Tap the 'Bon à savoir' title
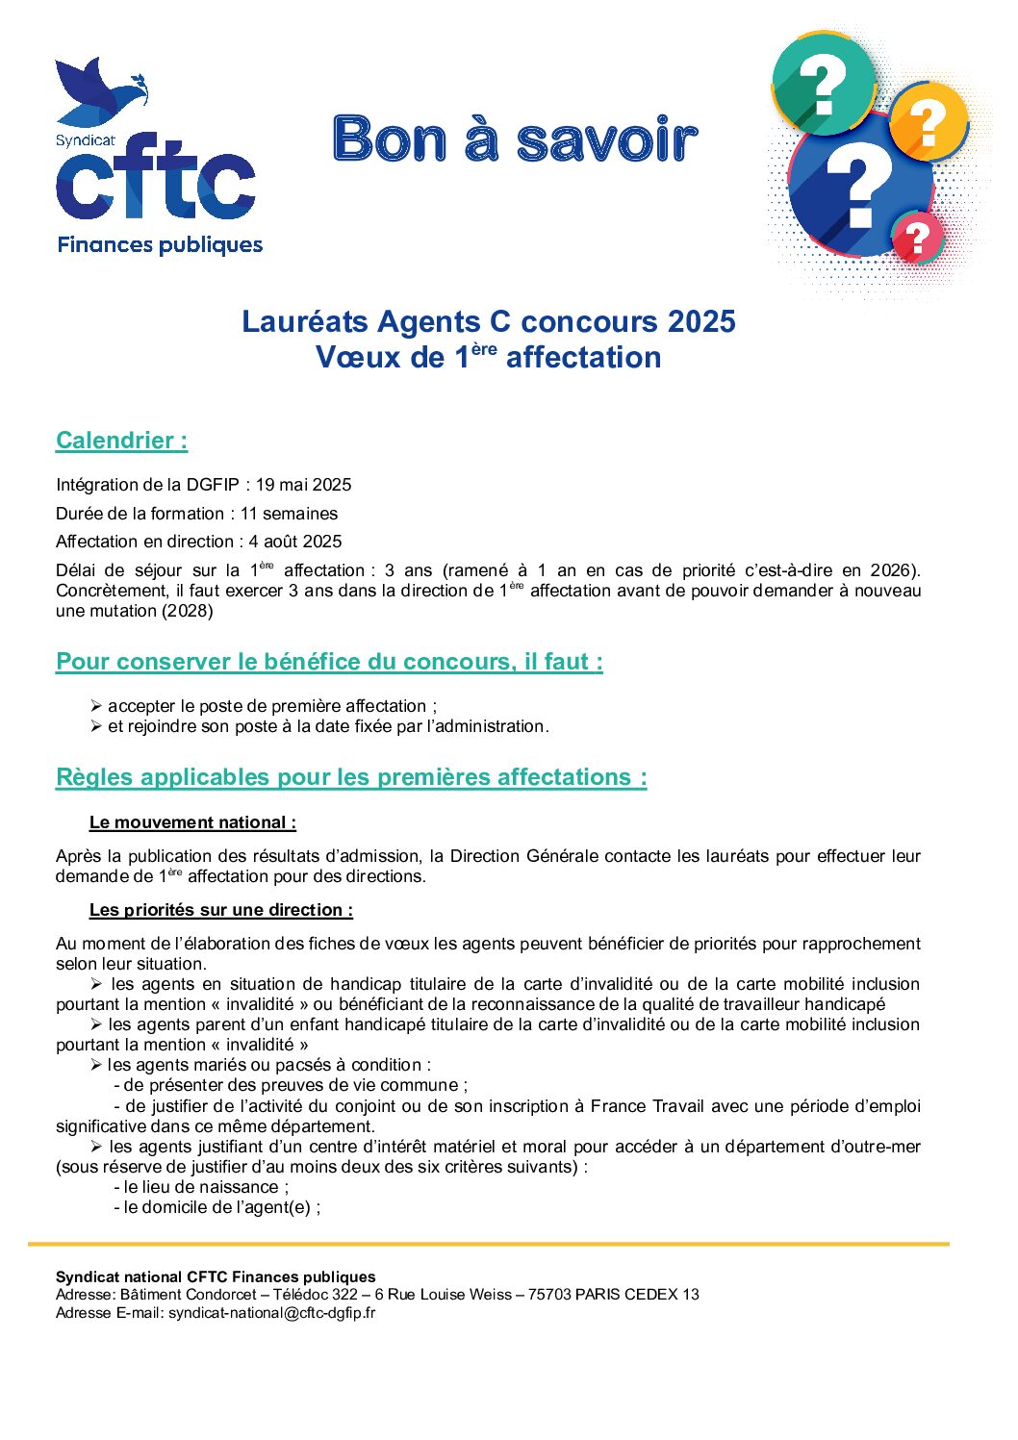tap(515, 139)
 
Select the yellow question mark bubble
tap(928, 123)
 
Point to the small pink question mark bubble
tap(918, 238)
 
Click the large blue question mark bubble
tap(859, 188)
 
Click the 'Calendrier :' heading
tap(121, 441)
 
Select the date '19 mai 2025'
tap(303, 485)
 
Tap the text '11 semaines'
tap(289, 514)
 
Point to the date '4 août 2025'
tap(294, 542)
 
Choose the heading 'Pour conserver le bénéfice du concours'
tap(329, 662)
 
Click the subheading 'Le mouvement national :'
tap(192, 822)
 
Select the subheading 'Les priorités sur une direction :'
tap(220, 910)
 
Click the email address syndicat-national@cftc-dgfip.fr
tap(271, 1312)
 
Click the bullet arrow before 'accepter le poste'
tap(96, 706)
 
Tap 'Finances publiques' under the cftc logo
tap(160, 244)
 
